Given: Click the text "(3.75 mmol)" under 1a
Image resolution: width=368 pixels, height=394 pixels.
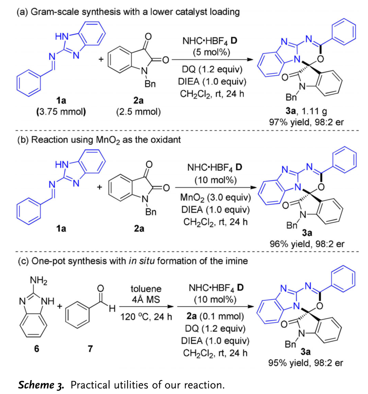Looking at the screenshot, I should click(61, 111).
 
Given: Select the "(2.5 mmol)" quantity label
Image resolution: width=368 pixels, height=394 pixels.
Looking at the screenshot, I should click(138, 111).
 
